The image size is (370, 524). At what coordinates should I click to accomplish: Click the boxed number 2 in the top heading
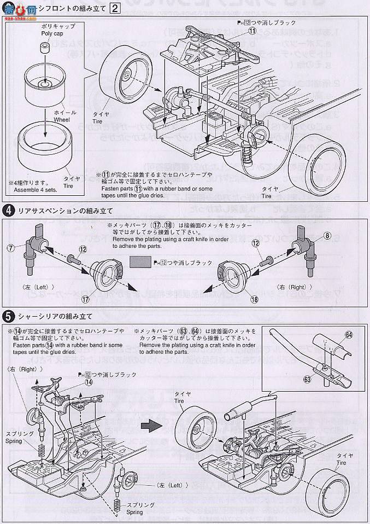(x=115, y=8)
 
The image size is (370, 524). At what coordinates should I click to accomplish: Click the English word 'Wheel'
(x=61, y=117)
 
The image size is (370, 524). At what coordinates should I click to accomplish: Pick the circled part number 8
(x=343, y=236)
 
